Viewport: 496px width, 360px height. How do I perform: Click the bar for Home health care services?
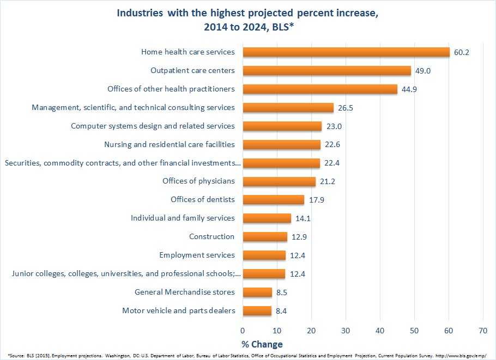[346, 52]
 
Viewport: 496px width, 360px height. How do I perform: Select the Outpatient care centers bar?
[326, 71]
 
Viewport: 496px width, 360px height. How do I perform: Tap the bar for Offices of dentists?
[273, 200]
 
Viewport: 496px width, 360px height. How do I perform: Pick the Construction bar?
[265, 236]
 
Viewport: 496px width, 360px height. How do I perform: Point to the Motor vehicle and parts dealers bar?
[257, 311]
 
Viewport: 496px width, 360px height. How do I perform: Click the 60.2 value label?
[462, 53]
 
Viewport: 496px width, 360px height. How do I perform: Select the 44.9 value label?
[409, 89]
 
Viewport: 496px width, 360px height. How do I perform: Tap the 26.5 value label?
[346, 108]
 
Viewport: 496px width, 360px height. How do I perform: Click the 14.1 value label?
[303, 218]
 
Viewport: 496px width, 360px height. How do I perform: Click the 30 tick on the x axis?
[346, 330]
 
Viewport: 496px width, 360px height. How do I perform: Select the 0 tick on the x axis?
[243, 330]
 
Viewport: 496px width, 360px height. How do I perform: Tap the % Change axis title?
[262, 344]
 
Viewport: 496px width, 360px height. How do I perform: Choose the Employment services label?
[197, 255]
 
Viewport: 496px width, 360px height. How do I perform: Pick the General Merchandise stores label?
[184, 292]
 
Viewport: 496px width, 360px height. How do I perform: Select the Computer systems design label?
[153, 126]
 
